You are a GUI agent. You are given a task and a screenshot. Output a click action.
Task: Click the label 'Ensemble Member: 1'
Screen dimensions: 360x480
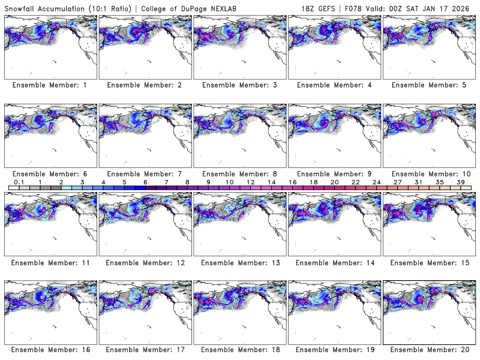pos(50,85)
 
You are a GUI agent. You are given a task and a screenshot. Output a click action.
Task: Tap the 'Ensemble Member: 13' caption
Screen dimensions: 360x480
pos(239,262)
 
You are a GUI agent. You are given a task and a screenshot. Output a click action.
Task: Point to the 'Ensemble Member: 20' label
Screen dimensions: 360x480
pos(429,349)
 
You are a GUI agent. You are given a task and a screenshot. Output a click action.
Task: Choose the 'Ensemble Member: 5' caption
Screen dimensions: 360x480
pos(429,85)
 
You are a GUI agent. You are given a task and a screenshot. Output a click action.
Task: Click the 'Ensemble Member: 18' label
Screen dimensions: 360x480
pos(239,349)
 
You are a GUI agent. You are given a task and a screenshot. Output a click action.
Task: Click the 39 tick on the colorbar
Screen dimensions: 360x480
pos(460,182)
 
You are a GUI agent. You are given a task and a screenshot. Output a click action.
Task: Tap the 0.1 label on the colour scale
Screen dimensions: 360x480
pos(19,182)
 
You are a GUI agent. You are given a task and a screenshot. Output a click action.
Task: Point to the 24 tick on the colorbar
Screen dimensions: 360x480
pos(376,182)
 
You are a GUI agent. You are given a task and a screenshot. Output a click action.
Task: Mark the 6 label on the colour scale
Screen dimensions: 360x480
pos(145,182)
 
